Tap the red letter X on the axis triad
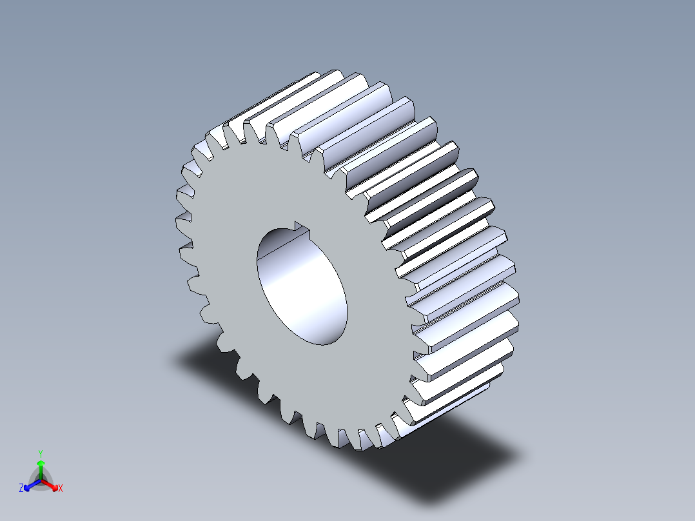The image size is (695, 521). pyautogui.click(x=61, y=489)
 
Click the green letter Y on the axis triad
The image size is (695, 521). pyautogui.click(x=41, y=453)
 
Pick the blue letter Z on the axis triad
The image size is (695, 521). pyautogui.click(x=21, y=489)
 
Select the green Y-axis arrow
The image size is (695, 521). pyautogui.click(x=41, y=467)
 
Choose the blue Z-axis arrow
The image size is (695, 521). pyautogui.click(x=30, y=485)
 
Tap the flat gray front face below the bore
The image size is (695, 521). pyautogui.click(x=322, y=380)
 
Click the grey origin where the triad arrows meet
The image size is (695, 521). pyautogui.click(x=41, y=480)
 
